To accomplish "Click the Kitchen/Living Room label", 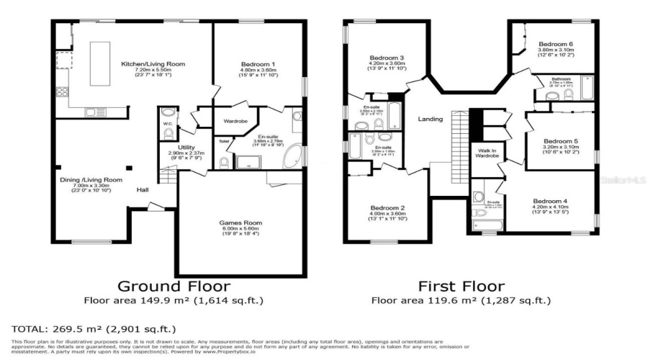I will [x=153, y=64].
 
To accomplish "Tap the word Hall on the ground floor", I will [x=143, y=190].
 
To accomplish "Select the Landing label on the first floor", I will [x=431, y=120].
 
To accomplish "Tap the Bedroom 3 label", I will [x=387, y=58].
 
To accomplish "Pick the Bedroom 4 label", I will [x=549, y=201].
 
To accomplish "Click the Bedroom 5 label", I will [x=559, y=141].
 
